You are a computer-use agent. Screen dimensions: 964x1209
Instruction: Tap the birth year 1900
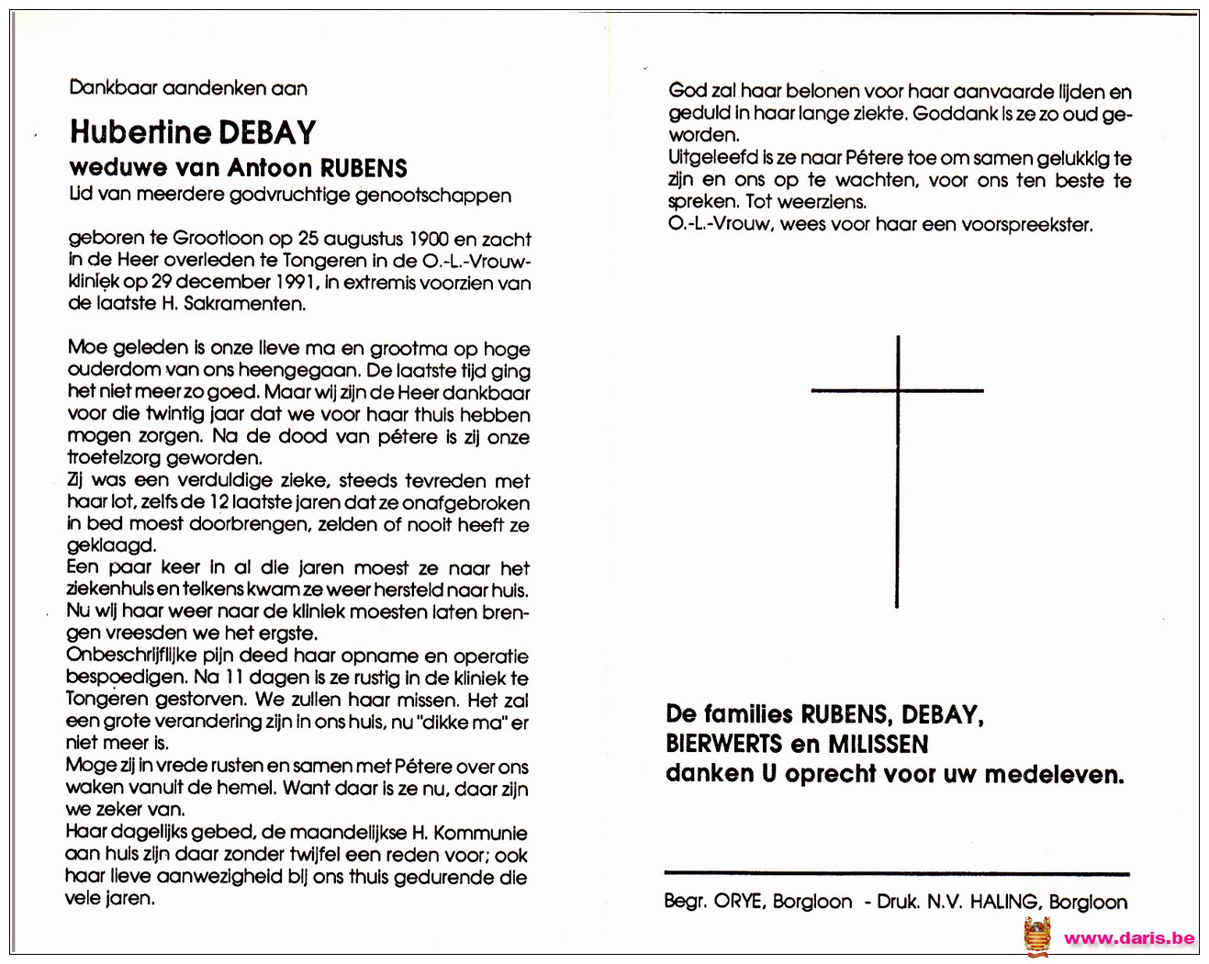pyautogui.click(x=429, y=239)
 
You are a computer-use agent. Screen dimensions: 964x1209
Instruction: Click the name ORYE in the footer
pyautogui.click(x=738, y=902)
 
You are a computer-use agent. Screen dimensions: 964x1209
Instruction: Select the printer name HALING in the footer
pyautogui.click(x=1005, y=902)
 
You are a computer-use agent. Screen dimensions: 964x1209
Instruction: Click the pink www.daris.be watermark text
pyautogui.click(x=1128, y=937)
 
